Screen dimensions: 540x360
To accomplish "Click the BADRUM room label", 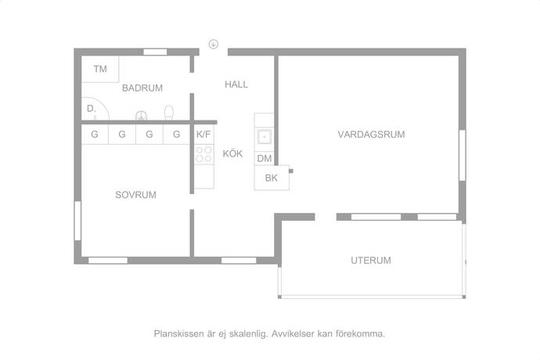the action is click(142, 88).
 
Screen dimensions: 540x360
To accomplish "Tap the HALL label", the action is click(236, 85).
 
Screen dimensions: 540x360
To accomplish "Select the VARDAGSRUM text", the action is click(371, 135).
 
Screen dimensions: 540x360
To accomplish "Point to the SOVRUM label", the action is click(135, 195).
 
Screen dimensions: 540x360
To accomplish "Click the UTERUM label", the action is click(371, 261).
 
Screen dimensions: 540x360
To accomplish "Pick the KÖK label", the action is click(232, 153).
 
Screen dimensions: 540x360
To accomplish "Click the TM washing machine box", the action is click(100, 69).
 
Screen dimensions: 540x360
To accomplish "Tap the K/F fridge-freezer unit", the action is click(204, 135).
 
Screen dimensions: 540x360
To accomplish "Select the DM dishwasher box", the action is click(265, 158).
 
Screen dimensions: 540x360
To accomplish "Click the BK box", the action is click(272, 178).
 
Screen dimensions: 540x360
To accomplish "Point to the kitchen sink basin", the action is click(265, 137).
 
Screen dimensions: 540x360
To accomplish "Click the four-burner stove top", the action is click(204, 154).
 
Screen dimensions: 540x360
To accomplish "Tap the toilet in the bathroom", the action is click(169, 113).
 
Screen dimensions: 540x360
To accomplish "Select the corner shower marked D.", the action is click(95, 109).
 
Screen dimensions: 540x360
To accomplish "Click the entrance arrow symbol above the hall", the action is click(214, 44).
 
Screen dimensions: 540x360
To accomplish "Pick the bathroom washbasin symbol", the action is click(141, 115).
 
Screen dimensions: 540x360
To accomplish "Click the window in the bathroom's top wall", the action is click(155, 52).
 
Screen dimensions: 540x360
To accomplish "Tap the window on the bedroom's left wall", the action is click(77, 221).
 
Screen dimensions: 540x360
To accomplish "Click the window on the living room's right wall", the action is click(463, 155).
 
